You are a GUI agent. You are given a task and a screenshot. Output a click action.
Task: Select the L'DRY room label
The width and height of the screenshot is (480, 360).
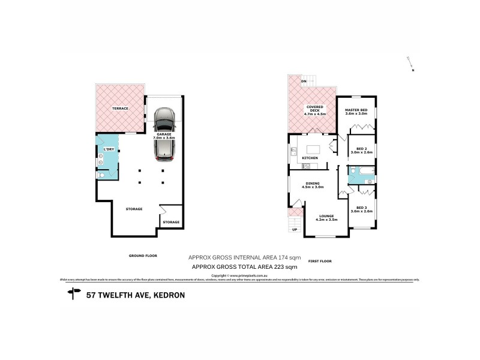coord(109,149)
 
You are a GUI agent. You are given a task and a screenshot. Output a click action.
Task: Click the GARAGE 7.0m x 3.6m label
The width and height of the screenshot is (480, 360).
coord(163,136)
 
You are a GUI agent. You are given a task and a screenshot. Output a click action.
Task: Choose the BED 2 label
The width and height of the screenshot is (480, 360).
coord(362,150)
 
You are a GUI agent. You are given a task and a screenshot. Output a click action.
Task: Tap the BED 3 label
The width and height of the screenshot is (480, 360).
coord(362,209)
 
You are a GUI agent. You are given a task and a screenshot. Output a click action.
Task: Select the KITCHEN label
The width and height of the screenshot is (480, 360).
coord(310,158)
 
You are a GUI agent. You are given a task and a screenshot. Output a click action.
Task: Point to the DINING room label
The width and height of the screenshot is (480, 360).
coord(313,185)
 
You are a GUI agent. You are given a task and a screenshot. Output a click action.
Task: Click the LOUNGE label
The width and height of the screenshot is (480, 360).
coord(326,217)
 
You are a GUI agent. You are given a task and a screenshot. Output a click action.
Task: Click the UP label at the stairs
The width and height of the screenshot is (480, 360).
coord(294,229)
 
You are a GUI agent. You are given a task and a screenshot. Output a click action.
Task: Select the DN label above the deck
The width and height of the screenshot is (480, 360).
coord(304,80)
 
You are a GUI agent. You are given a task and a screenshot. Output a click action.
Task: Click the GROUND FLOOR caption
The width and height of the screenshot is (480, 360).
coord(142,256)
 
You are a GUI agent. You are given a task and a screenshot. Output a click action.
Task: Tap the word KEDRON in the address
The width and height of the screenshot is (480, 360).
coord(169,295)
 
